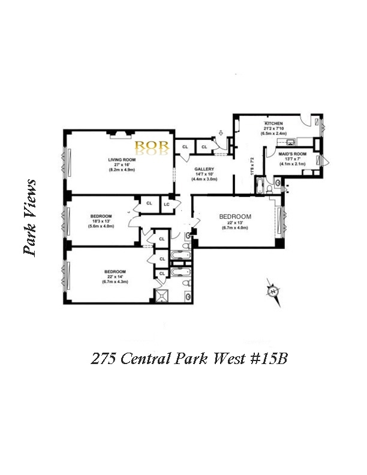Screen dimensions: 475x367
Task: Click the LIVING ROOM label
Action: pyautogui.click(x=122, y=160)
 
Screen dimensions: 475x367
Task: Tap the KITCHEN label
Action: pyautogui.click(x=274, y=124)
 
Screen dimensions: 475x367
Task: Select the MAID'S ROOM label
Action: pyautogui.click(x=292, y=154)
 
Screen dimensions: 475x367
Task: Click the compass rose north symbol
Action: pyautogui.click(x=273, y=292)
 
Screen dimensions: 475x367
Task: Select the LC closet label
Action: pyautogui.click(x=167, y=204)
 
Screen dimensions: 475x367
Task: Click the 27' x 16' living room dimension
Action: pyautogui.click(x=122, y=165)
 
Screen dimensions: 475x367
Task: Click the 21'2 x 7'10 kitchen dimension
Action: pyautogui.click(x=274, y=128)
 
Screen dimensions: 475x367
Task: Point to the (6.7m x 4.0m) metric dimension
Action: pyautogui.click(x=234, y=227)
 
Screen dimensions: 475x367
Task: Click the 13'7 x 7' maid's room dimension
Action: pyautogui.click(x=292, y=159)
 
